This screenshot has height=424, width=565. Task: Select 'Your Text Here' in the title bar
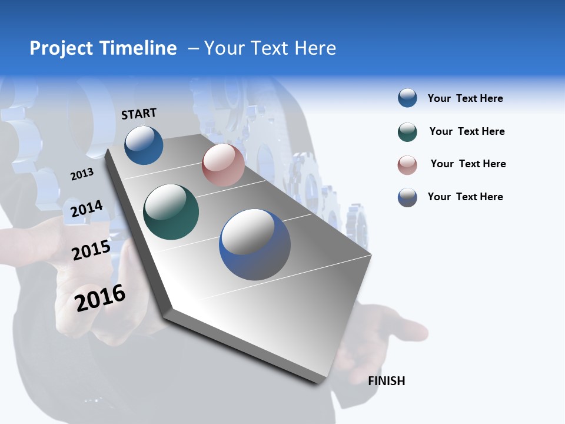pos(270,48)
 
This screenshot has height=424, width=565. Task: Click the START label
pos(139,114)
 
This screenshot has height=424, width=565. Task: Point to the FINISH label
pos(387,381)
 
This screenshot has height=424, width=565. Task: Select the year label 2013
pos(82,174)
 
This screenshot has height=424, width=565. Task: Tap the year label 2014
pos(87,209)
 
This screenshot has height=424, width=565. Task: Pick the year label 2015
pos(91,250)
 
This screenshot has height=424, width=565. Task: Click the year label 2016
pos(100,298)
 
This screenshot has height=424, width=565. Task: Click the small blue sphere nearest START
pos(144,145)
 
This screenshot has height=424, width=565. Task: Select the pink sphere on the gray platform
pos(223,165)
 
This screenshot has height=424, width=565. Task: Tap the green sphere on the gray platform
pos(171,212)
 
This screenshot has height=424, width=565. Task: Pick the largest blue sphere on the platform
pos(255,244)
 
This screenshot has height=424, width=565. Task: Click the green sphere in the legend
pos(407,132)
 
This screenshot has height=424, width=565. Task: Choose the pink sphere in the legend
pos(407,165)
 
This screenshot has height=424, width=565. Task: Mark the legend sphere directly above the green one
pos(407,98)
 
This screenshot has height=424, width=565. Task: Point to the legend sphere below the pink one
pos(407,197)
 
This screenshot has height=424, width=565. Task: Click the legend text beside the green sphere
pos(467,131)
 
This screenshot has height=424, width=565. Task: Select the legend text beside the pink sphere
pos(468,164)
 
